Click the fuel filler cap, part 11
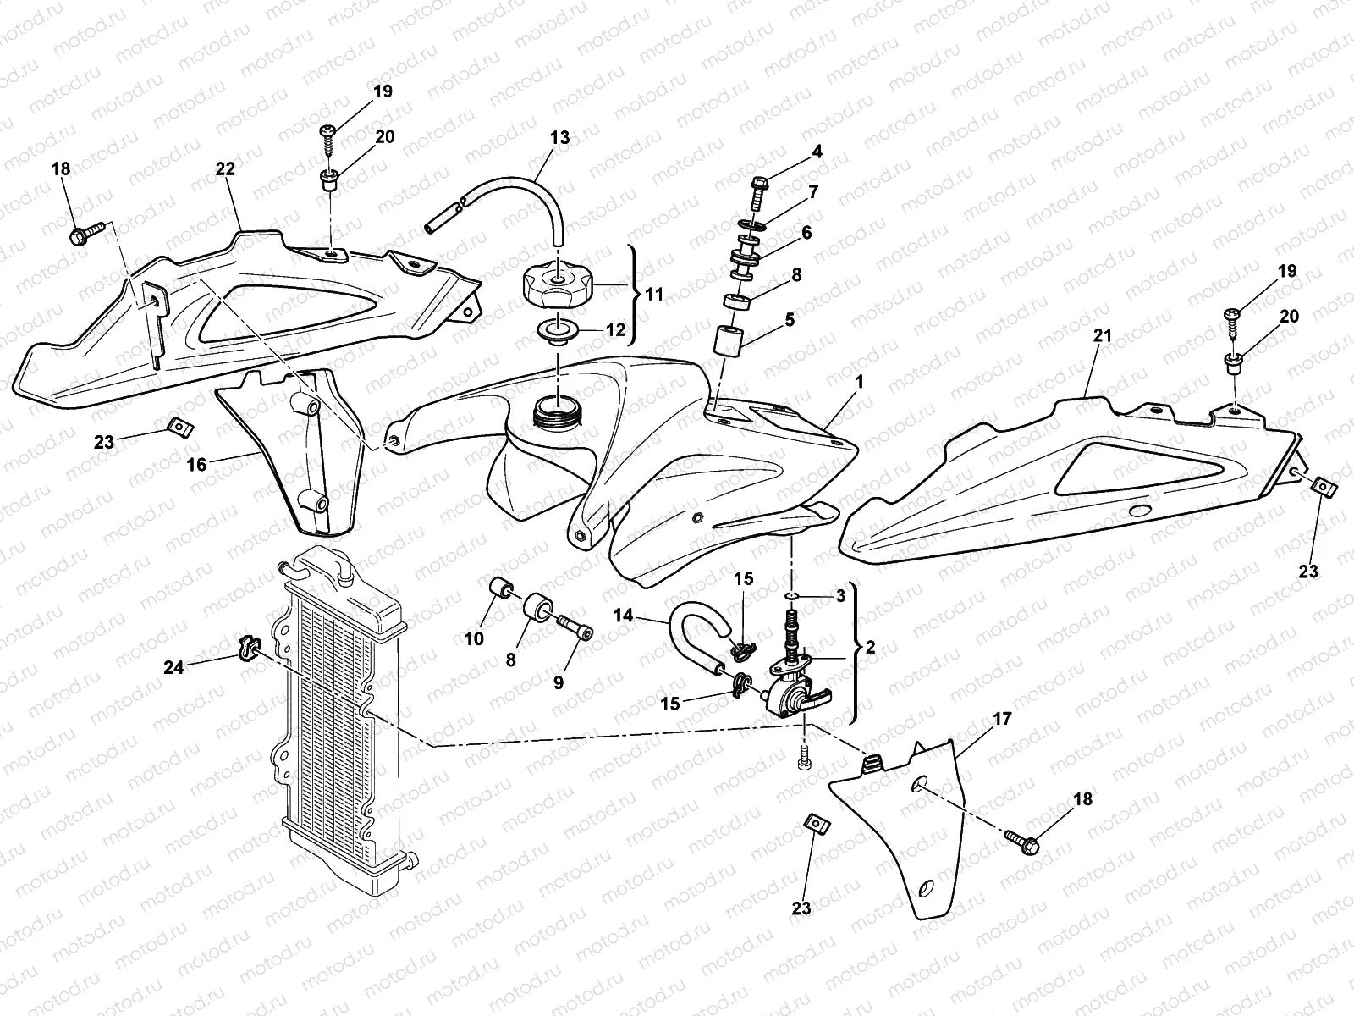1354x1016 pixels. (557, 286)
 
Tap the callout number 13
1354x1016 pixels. (559, 137)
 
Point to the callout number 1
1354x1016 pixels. (859, 382)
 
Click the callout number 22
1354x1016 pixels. (225, 169)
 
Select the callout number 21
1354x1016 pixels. (1102, 335)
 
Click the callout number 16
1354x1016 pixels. (197, 464)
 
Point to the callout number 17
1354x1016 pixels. (1002, 719)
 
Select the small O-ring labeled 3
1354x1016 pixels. (791, 597)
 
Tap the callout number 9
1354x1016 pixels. (559, 682)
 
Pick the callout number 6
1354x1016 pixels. (806, 232)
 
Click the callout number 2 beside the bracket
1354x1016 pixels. (870, 647)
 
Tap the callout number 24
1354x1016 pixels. (173, 667)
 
